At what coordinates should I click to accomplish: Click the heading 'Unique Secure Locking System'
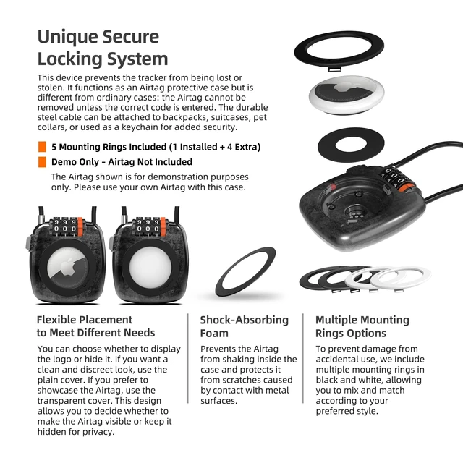pyautogui.click(x=103, y=48)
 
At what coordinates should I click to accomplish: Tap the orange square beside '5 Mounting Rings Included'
pyautogui.click(x=42, y=147)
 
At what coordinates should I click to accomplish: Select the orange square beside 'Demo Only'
pyautogui.click(x=42, y=162)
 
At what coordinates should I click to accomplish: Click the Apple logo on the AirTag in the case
pyautogui.click(x=68, y=267)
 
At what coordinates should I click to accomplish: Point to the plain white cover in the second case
pyautogui.click(x=150, y=268)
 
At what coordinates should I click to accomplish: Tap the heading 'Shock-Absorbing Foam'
pyautogui.click(x=245, y=326)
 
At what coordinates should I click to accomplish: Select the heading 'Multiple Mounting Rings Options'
pyautogui.click(x=362, y=326)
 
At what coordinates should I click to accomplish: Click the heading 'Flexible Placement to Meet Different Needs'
pyautogui.click(x=95, y=326)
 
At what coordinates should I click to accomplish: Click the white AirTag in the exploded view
pyautogui.click(x=347, y=95)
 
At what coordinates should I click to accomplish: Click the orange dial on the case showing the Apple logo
pyautogui.click(x=80, y=226)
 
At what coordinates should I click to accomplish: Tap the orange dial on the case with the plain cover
pyautogui.click(x=163, y=226)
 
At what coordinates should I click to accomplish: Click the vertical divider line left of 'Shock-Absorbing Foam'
pyautogui.click(x=188, y=358)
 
